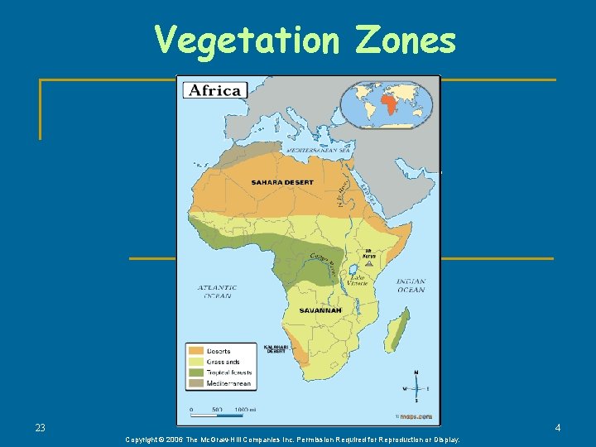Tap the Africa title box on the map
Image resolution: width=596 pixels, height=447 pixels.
[214, 90]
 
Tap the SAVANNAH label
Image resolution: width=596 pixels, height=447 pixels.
[320, 310]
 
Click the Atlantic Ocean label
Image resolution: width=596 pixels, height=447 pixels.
[217, 291]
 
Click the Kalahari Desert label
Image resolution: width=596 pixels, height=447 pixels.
[275, 348]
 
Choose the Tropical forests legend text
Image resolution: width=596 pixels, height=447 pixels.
[229, 372]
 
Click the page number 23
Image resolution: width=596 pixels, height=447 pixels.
[41, 428]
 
